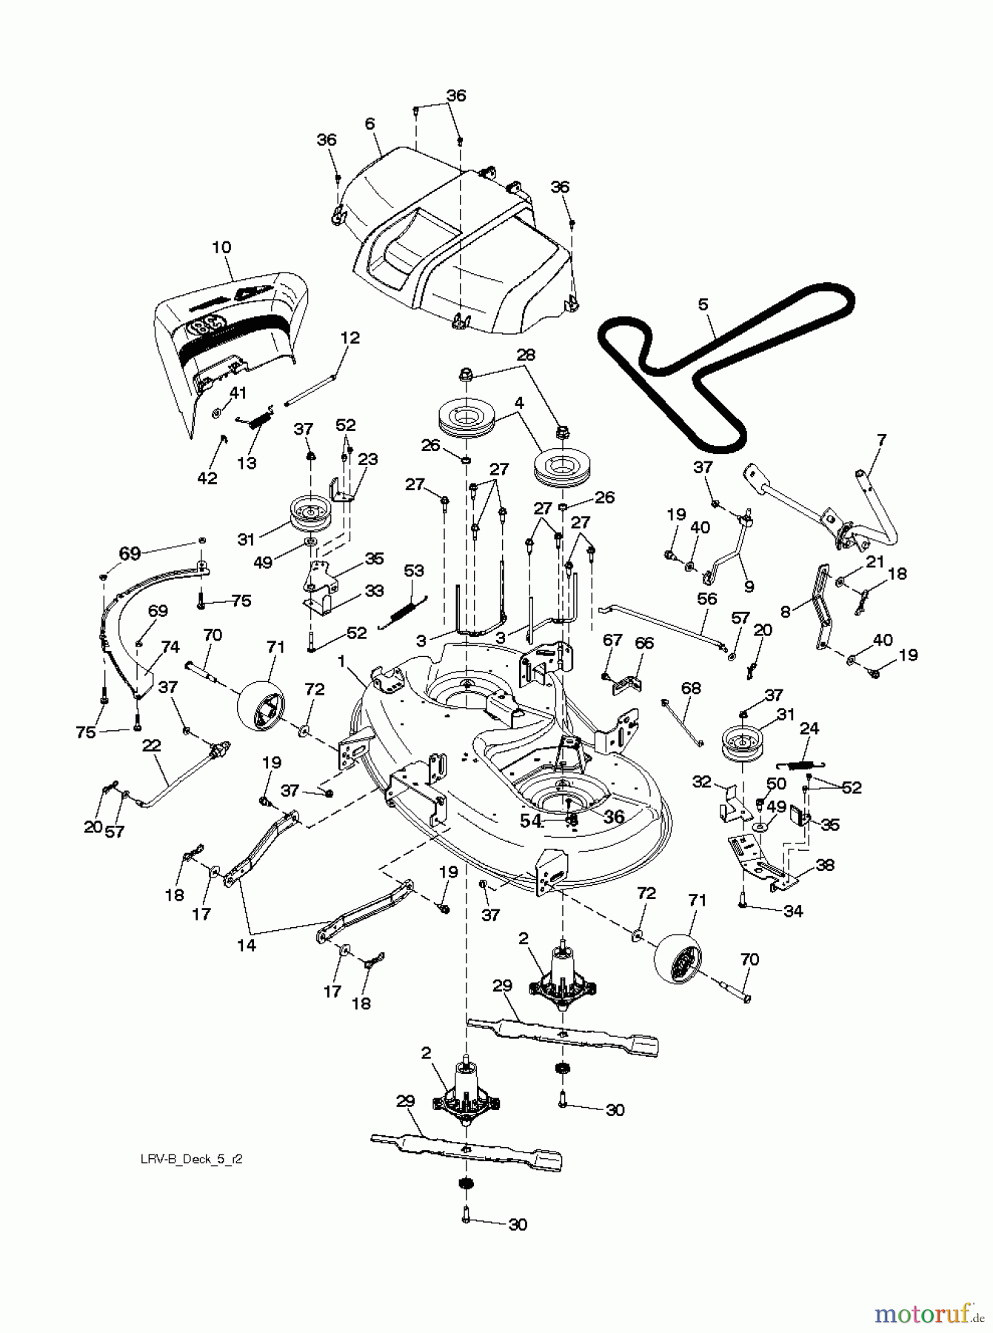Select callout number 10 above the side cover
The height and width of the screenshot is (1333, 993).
pyautogui.click(x=221, y=247)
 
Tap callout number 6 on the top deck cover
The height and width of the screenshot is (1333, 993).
pyautogui.click(x=370, y=125)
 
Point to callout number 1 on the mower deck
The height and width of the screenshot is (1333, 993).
pyautogui.click(x=342, y=661)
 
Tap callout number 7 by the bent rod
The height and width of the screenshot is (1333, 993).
pyautogui.click(x=881, y=440)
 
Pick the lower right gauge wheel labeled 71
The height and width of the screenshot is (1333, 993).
pyautogui.click(x=678, y=963)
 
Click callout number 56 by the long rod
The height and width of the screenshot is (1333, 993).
pyautogui.click(x=707, y=598)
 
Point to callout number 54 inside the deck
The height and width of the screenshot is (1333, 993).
pyautogui.click(x=530, y=821)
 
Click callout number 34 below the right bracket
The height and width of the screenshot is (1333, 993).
pyautogui.click(x=792, y=912)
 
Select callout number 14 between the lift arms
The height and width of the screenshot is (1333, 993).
pyautogui.click(x=247, y=945)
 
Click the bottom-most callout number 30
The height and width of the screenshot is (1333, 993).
pyautogui.click(x=518, y=1225)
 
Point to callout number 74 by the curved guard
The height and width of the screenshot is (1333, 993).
pyautogui.click(x=170, y=647)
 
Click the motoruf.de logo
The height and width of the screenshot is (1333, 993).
pyautogui.click(x=929, y=1313)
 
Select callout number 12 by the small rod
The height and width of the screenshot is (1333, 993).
pyautogui.click(x=350, y=338)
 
